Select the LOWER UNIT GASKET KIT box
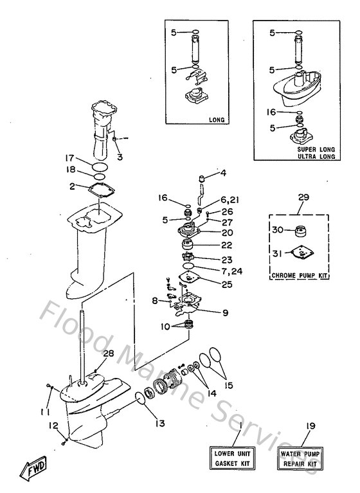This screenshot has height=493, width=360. coord(230,459)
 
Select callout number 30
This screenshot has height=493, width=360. coord(278,229)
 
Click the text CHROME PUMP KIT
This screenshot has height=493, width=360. coord(302,275)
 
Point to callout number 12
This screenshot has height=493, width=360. coord(55,425)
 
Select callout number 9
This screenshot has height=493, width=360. coord(224,314)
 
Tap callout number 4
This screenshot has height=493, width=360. coord(224,173)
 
